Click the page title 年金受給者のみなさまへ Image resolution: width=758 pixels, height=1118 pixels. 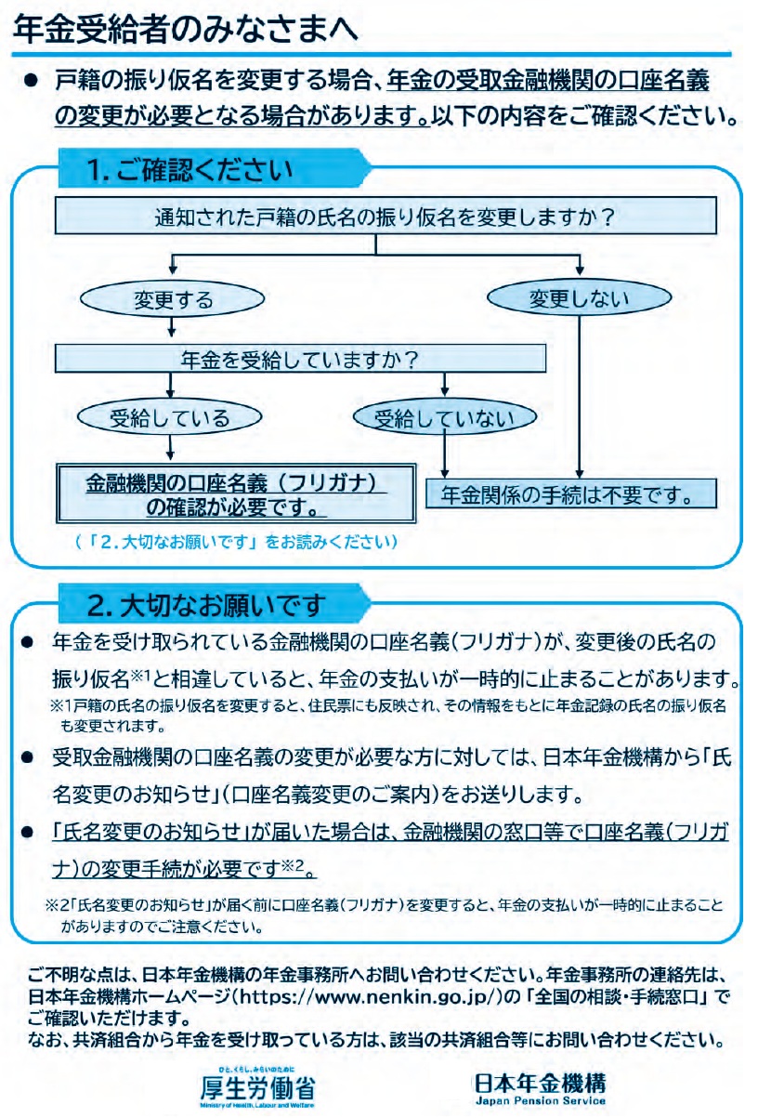185,30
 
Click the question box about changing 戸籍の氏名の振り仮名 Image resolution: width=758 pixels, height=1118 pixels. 386,217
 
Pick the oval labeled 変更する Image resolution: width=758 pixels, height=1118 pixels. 172,299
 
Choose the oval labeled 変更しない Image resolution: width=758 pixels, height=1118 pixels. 579,298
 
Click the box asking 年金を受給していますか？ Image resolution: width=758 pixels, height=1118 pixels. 300,359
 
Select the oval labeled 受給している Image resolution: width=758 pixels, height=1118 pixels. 170,417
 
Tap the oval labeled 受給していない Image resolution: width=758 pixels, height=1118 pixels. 445,417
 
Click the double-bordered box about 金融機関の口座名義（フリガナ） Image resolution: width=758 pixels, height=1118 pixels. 236,493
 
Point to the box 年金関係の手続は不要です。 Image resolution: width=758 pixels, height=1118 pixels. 571,494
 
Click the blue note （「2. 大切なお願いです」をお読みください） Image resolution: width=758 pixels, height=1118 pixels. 236,542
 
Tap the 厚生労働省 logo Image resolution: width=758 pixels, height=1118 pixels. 257,1086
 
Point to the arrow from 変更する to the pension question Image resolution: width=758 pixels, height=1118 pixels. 172,327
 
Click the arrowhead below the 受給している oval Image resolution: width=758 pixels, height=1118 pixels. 170,455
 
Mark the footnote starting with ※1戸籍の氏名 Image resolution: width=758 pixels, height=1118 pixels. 388,715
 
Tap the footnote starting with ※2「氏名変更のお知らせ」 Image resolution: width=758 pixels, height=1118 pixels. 385,914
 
